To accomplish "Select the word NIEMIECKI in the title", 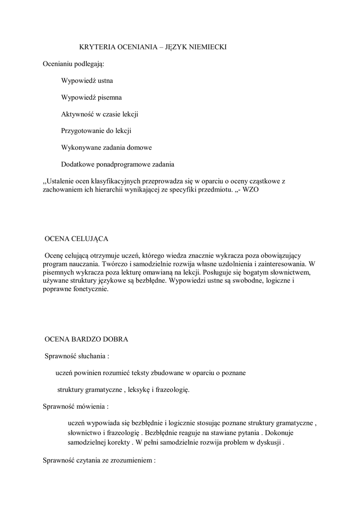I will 205,47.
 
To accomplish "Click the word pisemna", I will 111,97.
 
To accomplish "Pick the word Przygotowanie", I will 82,131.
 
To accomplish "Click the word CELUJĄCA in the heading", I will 87,239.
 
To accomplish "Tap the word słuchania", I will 90,356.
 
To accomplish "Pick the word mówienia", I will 90,406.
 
